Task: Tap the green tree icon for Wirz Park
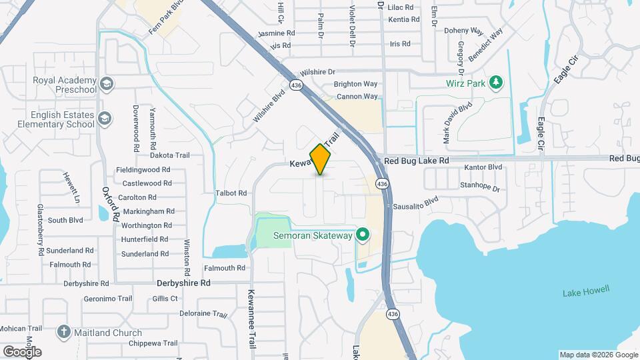495,83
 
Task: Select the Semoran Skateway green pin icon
363,235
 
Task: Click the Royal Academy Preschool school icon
107,84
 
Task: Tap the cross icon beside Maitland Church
64,332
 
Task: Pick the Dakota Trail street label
170,155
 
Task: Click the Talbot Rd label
231,193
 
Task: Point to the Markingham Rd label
147,211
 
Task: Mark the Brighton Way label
355,84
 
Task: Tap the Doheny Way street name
463,31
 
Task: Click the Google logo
22,351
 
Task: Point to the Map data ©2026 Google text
598,355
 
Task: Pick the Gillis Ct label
165,299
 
